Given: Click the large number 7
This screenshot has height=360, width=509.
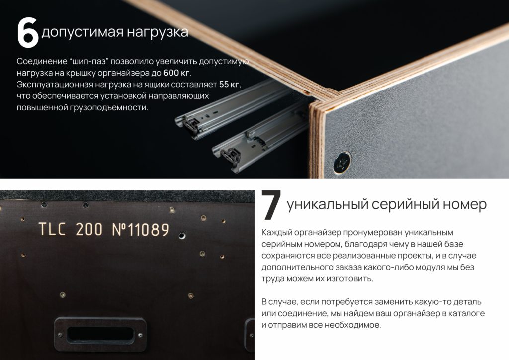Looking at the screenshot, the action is tap(271, 205).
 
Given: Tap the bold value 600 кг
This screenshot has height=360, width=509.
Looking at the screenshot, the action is tap(176, 73).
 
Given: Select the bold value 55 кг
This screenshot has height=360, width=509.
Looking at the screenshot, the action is tap(229, 85).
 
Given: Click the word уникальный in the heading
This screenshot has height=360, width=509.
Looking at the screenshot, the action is tap(328, 205).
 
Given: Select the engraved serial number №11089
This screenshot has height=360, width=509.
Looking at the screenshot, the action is tap(141, 230).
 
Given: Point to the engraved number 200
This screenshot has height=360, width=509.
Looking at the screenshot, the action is tap(89, 229).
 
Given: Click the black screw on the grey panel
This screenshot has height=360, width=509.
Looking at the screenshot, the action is tap(342, 162).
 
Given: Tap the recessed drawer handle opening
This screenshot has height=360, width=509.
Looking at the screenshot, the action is tap(100, 334).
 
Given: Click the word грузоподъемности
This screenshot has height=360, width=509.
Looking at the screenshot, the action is tap(109, 108).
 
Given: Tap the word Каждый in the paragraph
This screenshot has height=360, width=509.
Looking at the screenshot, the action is tap(277, 232).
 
